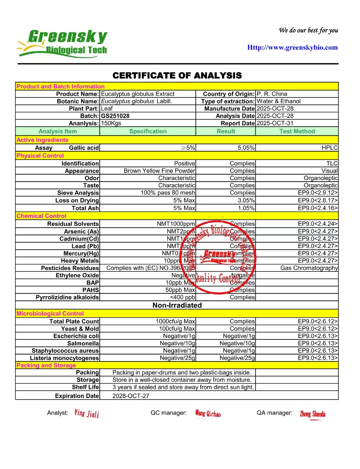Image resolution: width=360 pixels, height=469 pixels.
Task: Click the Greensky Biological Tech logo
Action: tap(62, 43)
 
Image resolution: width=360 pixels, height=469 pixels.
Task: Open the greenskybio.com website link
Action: tap(292, 48)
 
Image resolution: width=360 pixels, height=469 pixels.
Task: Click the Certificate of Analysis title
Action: tap(177, 76)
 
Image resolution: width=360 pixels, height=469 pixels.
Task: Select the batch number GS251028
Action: tap(115, 116)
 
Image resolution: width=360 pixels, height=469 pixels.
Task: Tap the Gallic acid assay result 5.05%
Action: tap(246, 148)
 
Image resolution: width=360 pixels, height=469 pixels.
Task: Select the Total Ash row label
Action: tap(85, 208)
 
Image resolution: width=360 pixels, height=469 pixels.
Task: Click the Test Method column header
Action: tap(297, 131)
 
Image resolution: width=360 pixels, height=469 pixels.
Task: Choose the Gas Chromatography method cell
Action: tap(309, 268)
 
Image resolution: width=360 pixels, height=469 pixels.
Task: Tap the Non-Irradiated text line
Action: tap(177, 305)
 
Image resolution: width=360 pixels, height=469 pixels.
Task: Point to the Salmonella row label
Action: tap(82, 343)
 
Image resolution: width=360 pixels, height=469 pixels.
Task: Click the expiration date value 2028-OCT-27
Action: tap(131, 396)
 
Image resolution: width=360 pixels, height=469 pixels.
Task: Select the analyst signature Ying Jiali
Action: tap(86, 414)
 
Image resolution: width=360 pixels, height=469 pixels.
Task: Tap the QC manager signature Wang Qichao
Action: tap(208, 414)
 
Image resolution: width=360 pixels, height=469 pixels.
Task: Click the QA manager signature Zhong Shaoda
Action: tap(312, 414)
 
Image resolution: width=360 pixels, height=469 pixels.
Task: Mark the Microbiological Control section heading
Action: tap(50, 313)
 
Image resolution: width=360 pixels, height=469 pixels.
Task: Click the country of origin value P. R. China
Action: tap(272, 94)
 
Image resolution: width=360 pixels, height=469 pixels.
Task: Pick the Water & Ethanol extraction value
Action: tap(278, 101)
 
